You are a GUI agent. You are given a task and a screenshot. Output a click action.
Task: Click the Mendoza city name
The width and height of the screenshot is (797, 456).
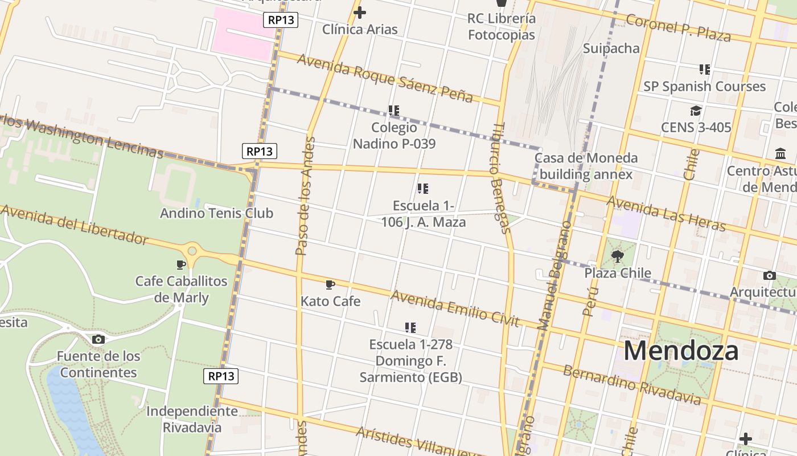(x=681, y=351)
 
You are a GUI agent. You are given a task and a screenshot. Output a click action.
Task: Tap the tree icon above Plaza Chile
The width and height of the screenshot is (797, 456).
(x=618, y=256)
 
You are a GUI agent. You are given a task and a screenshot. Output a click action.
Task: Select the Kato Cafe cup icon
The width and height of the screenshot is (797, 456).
(x=330, y=284)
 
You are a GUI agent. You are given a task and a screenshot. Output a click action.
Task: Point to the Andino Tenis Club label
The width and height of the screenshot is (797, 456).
(x=216, y=213)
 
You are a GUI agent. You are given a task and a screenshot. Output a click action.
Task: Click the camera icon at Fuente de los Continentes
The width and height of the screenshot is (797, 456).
(x=98, y=340)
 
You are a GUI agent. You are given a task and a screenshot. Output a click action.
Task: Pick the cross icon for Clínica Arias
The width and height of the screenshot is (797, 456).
(x=360, y=13)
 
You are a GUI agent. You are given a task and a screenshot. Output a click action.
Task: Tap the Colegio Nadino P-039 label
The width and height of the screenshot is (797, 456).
(x=394, y=135)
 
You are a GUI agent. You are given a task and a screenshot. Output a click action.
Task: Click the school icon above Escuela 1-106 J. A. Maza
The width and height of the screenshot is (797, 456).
(x=422, y=189)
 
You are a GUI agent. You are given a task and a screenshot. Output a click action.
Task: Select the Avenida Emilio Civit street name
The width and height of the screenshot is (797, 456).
(x=455, y=308)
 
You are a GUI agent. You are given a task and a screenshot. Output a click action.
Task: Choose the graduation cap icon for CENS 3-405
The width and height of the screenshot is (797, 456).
(x=696, y=111)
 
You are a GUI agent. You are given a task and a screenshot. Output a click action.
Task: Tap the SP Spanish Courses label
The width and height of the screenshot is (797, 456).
(x=704, y=87)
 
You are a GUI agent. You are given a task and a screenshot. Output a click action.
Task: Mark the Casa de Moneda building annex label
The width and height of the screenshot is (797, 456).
(x=586, y=166)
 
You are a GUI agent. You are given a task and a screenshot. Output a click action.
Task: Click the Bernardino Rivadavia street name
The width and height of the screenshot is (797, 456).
(x=632, y=385)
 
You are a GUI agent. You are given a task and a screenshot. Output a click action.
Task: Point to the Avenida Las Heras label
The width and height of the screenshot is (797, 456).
(x=666, y=214)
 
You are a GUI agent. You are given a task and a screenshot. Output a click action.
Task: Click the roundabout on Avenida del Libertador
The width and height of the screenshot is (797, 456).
(x=192, y=250)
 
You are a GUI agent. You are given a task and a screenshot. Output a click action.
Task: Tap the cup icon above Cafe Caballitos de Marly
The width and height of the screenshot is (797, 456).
(x=181, y=264)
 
